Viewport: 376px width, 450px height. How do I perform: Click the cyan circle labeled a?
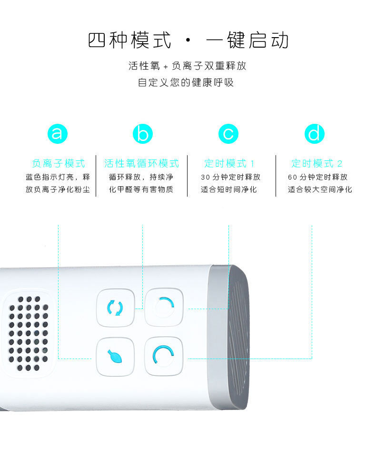click(x=58, y=134)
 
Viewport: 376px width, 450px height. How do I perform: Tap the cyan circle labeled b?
click(x=142, y=134)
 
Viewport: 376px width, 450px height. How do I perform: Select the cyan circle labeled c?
click(x=228, y=134)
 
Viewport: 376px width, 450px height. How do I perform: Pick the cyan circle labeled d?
click(x=314, y=134)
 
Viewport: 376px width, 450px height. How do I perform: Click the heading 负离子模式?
click(x=58, y=163)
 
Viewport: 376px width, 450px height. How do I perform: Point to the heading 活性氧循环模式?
click(x=141, y=163)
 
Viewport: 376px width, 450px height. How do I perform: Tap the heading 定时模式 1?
click(x=229, y=163)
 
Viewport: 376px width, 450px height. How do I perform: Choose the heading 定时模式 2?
click(x=317, y=163)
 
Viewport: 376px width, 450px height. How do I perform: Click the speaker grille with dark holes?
click(x=28, y=333)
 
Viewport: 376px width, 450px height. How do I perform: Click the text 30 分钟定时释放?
click(x=230, y=177)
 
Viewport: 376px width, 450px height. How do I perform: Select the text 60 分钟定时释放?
click(x=317, y=177)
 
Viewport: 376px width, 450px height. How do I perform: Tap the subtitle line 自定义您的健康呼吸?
click(x=186, y=82)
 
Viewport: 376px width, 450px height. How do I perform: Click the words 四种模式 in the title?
click(x=129, y=40)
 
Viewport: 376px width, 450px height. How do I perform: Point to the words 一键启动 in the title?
click(x=247, y=40)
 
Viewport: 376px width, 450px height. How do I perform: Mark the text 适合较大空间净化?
click(x=320, y=190)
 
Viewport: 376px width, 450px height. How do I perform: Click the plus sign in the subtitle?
click(x=166, y=67)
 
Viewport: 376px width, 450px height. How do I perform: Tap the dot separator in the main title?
click(x=188, y=40)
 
